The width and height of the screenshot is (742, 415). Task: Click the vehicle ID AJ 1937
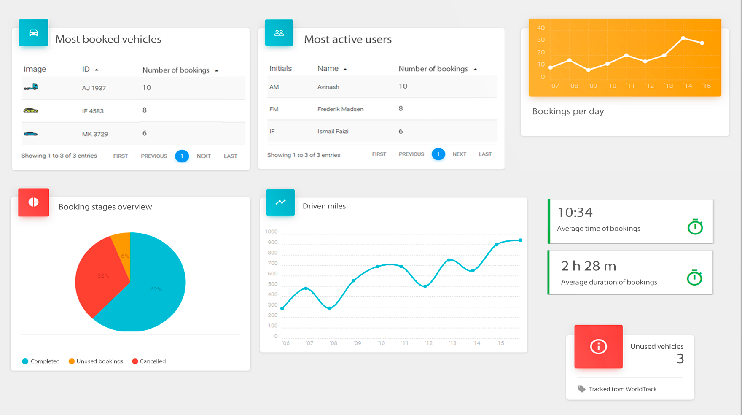click(94, 88)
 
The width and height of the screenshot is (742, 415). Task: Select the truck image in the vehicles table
click(31, 87)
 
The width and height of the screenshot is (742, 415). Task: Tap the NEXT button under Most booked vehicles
click(204, 156)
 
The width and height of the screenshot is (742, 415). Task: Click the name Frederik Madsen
click(340, 109)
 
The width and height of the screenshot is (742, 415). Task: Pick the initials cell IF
click(272, 132)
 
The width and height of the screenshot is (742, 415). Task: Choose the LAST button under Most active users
click(485, 154)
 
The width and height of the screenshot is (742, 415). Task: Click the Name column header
click(328, 69)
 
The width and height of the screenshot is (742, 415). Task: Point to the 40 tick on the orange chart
click(541, 28)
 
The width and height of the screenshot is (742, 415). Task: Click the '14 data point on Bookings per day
click(683, 38)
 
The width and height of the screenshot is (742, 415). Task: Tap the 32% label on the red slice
click(103, 276)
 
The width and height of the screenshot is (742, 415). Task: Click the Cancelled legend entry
click(149, 361)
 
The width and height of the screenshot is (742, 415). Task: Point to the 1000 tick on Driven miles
click(271, 232)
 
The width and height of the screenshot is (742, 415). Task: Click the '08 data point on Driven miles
click(330, 308)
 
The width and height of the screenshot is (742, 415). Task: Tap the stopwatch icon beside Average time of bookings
click(695, 227)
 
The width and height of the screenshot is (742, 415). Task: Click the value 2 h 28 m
click(588, 266)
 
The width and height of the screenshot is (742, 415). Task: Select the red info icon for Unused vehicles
click(598, 347)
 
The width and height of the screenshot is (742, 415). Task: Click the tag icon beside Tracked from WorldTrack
click(581, 389)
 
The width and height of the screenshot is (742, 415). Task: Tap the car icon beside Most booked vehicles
click(33, 33)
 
